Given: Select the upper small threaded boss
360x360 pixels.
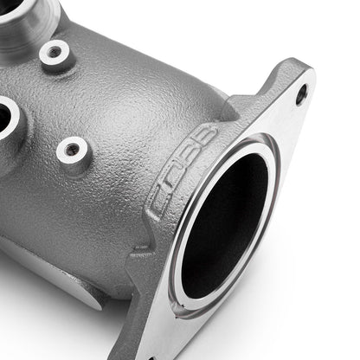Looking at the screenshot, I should coord(54,53).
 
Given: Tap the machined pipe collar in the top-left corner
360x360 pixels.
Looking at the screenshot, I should coord(26,22).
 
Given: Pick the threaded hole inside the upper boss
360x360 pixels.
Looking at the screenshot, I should coord(54,53).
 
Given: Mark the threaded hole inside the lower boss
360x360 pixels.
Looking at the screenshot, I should coord(73,151).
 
